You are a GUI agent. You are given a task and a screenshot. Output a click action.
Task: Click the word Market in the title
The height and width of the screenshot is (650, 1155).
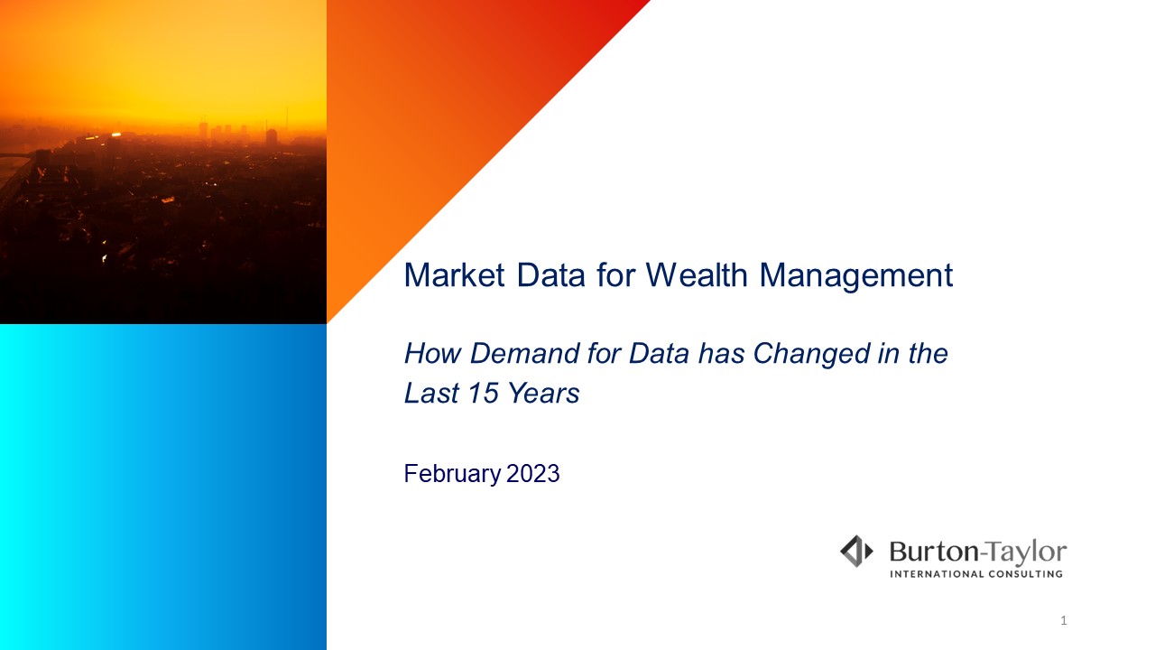click(454, 275)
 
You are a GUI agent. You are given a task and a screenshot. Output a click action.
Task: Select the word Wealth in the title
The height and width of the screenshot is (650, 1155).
click(698, 275)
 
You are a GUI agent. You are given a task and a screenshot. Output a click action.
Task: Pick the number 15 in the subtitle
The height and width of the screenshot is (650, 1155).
click(484, 393)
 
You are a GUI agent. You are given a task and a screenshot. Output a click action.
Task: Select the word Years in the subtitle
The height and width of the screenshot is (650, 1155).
click(544, 393)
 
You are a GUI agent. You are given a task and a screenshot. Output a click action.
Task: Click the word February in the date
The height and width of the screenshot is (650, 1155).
click(452, 475)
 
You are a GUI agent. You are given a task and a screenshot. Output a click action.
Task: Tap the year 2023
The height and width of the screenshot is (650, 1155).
click(532, 474)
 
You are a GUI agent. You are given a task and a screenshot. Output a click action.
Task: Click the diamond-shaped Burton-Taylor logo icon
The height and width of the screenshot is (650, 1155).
click(856, 551)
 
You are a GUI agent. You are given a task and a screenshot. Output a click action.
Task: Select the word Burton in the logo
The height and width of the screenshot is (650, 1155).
click(934, 552)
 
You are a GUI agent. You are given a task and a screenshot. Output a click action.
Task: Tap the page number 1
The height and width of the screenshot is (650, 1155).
click(1063, 620)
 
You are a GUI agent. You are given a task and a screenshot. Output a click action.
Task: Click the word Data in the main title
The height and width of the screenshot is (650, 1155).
click(550, 275)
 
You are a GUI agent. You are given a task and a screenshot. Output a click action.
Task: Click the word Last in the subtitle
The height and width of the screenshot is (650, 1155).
click(431, 393)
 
